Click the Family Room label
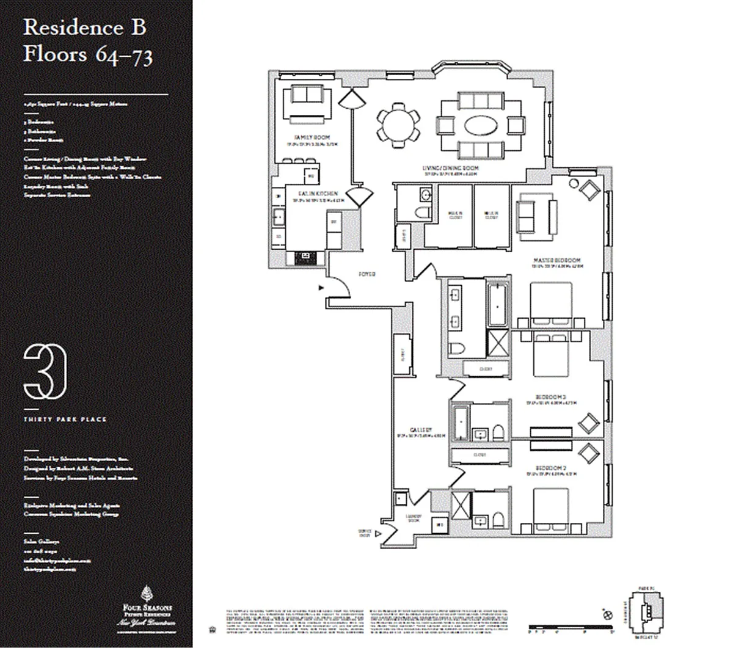tap(303, 137)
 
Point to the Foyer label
tap(367, 274)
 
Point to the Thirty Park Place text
tap(65, 420)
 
